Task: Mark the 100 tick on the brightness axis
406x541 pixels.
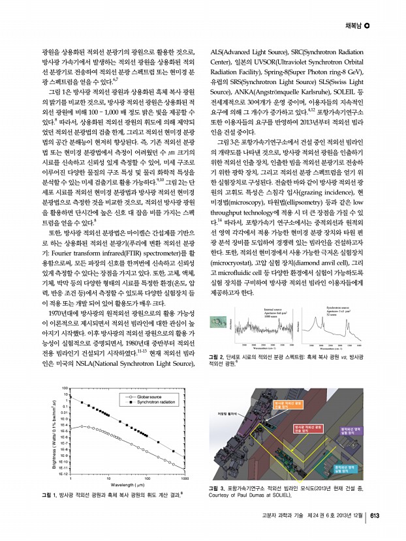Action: [x=65, y=387]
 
